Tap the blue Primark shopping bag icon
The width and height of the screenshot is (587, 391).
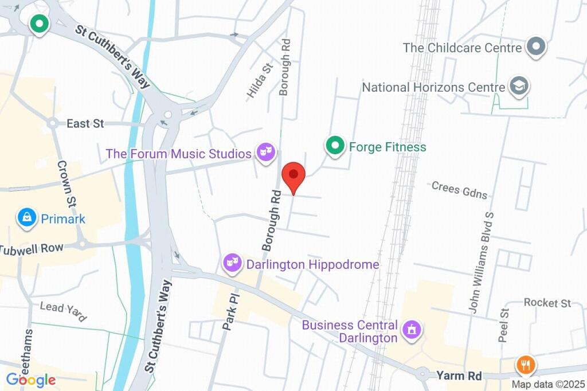pyautogui.click(x=26, y=218)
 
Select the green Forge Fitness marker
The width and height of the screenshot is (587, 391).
pyautogui.click(x=334, y=146)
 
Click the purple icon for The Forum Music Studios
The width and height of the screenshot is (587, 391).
pyautogui.click(x=265, y=153)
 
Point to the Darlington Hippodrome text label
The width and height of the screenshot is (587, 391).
pyautogui.click(x=312, y=264)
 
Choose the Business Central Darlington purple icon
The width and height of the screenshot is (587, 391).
pyautogui.click(x=412, y=330)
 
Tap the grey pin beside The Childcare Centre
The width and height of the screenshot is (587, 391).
pyautogui.click(x=536, y=47)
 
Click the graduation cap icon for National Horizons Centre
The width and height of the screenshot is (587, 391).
pyautogui.click(x=519, y=87)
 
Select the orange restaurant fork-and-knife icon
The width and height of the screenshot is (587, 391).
pyautogui.click(x=525, y=364)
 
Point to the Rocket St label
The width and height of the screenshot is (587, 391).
pyautogui.click(x=547, y=303)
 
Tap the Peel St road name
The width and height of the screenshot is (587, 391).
pyautogui.click(x=504, y=325)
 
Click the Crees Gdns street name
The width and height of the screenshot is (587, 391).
pyautogui.click(x=459, y=189)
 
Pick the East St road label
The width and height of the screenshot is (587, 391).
pyautogui.click(x=85, y=123)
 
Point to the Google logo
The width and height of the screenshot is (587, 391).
pyautogui.click(x=30, y=380)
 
